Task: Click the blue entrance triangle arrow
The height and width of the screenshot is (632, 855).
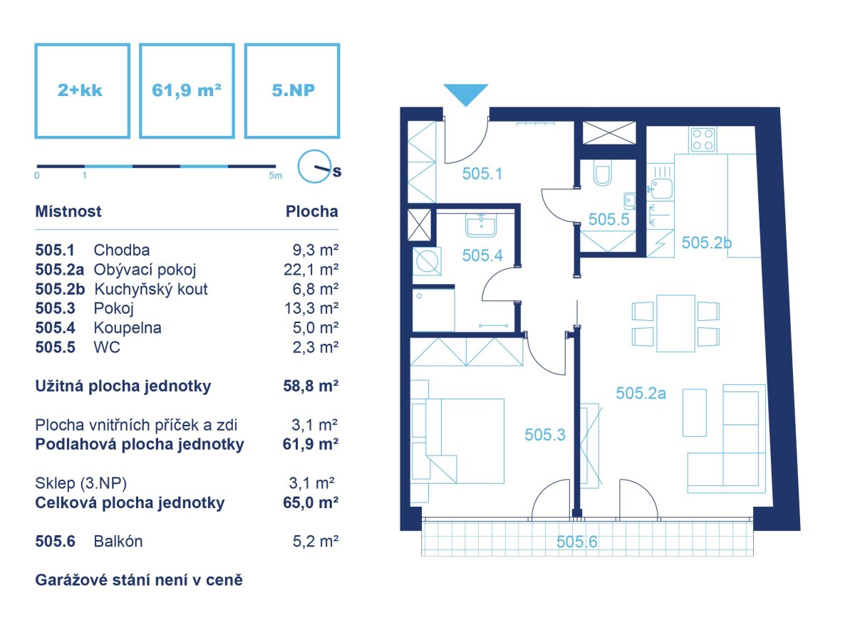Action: (465, 93)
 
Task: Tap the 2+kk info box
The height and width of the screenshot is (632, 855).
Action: (82, 90)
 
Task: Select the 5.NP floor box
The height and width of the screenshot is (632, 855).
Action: (292, 90)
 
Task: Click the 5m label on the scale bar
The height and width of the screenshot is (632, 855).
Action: (275, 176)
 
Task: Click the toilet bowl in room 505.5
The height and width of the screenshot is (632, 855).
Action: (603, 175)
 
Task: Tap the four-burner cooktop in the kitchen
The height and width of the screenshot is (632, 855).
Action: (703, 139)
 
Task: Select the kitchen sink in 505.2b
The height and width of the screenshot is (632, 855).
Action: (661, 189)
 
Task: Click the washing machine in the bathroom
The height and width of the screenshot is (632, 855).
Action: (427, 261)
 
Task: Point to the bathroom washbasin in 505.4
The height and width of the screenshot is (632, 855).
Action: (481, 225)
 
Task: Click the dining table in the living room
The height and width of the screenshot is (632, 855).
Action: (675, 323)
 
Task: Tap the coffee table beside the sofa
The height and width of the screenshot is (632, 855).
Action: (694, 413)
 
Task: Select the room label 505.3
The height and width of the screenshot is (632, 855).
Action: (544, 435)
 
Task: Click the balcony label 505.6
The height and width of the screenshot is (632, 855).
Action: (576, 542)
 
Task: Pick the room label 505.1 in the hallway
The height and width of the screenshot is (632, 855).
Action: (482, 174)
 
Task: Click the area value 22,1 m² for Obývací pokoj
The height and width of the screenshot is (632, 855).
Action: (311, 270)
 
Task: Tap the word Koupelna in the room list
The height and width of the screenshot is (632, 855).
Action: (128, 328)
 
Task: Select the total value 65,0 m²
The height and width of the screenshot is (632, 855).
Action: (311, 502)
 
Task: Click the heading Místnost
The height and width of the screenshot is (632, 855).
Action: (68, 211)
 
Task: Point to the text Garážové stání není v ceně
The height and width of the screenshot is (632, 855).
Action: (139, 580)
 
